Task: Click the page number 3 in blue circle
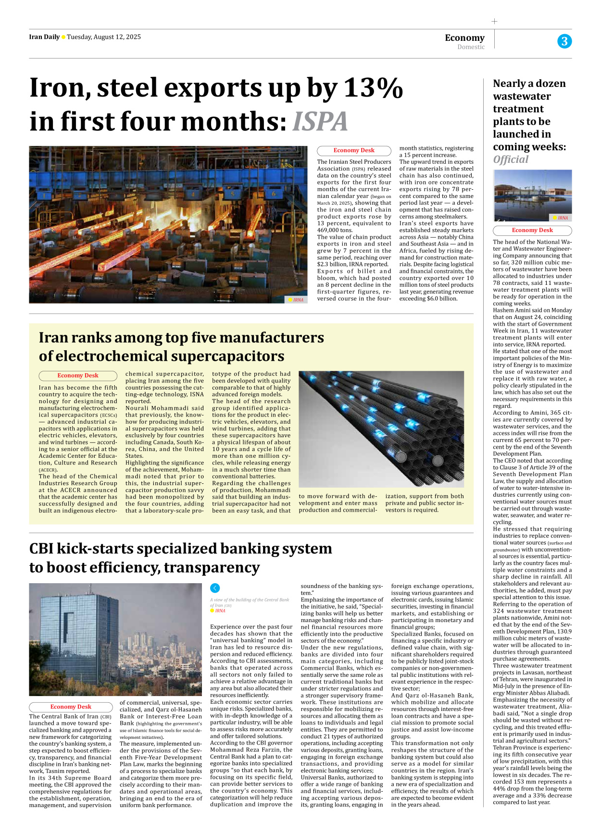click(564, 41)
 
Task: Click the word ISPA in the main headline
click(320, 122)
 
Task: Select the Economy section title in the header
click(464, 37)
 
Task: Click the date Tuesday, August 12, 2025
click(104, 37)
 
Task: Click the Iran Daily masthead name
click(44, 37)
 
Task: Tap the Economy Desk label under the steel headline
click(354, 150)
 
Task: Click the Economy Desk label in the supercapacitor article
click(78, 376)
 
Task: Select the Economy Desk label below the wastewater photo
click(532, 230)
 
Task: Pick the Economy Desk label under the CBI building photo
click(71, 707)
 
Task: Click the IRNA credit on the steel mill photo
click(298, 300)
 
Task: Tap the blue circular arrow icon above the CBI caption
click(215, 588)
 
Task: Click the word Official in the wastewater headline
click(511, 159)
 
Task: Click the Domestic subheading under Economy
click(471, 47)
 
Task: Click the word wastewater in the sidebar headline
click(522, 96)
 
